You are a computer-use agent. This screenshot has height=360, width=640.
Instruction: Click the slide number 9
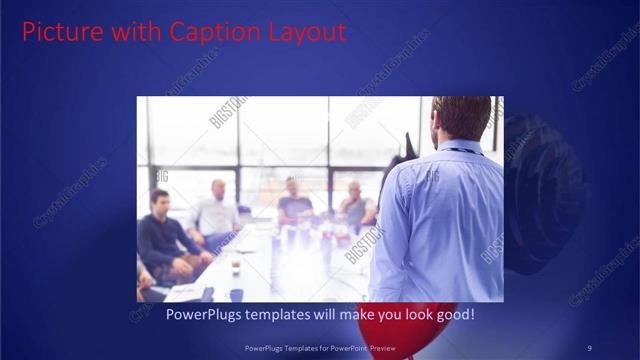[x=589, y=347]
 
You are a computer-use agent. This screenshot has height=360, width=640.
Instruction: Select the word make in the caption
[x=355, y=315]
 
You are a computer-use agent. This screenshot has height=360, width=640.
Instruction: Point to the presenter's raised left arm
[x=395, y=180]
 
